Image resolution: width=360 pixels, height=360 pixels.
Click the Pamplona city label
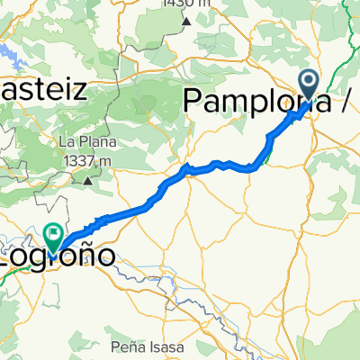[x=252, y=102]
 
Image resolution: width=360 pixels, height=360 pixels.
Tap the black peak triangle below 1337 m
[x=88, y=181]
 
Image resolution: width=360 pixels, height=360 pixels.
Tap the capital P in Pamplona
[x=194, y=102]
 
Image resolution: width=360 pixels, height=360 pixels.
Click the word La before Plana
[x=66, y=142]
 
